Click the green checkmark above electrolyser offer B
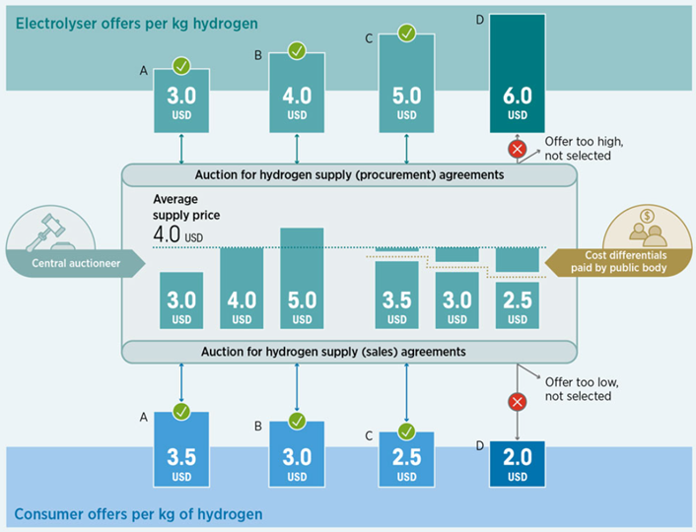coord(297,50)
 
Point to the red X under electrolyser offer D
coord(517,149)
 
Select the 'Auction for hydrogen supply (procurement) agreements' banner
coord(348,175)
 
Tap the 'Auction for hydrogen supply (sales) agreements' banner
coord(348,352)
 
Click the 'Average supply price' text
coord(186,206)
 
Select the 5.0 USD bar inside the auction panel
coord(302,280)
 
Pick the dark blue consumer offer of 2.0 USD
coord(517,461)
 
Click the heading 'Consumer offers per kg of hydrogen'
coord(139,514)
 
